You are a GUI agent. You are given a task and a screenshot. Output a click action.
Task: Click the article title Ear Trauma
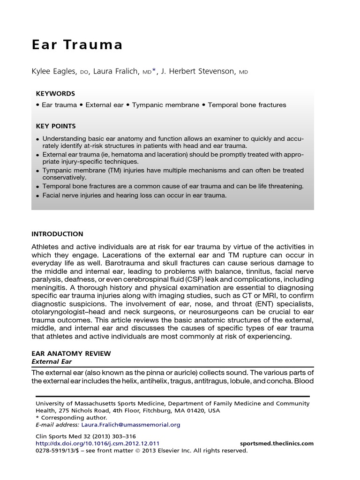77,45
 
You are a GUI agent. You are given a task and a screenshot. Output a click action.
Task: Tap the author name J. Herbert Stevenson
199,71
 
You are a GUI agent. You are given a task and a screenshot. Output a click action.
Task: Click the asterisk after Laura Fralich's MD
154,70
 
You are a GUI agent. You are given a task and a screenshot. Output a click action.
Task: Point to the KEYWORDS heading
55,93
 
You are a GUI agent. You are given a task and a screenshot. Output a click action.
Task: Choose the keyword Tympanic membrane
165,105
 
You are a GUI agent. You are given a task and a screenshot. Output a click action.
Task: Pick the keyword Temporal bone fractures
247,105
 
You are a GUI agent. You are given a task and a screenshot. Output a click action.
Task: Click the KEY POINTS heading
56,126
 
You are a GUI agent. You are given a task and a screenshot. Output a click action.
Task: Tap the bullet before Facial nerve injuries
38,195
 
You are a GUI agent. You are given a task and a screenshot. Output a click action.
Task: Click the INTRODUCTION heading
57,234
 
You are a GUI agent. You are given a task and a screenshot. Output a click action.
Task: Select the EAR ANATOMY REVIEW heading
71,353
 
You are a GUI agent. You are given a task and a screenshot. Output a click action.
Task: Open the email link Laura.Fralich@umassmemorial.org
130,425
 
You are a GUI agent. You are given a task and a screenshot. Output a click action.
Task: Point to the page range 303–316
117,436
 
